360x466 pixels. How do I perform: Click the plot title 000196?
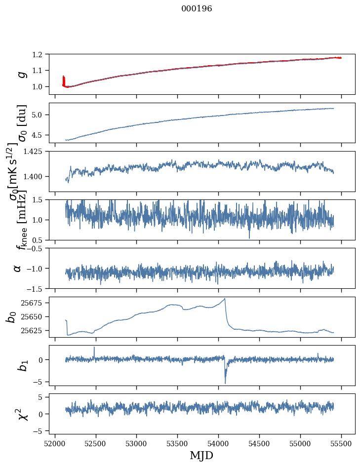click(x=197, y=8)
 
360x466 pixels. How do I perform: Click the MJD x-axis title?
click(x=201, y=456)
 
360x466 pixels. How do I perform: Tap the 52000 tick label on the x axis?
click(x=55, y=444)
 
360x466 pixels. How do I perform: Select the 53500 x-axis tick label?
click(x=177, y=444)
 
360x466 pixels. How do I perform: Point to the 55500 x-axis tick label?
click(x=341, y=444)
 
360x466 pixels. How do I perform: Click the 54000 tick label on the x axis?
click(x=218, y=444)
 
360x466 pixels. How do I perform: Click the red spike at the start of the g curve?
click(x=63, y=80)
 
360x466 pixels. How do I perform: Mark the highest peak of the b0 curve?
click(x=225, y=299)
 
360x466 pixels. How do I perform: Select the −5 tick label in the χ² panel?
click(x=39, y=431)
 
